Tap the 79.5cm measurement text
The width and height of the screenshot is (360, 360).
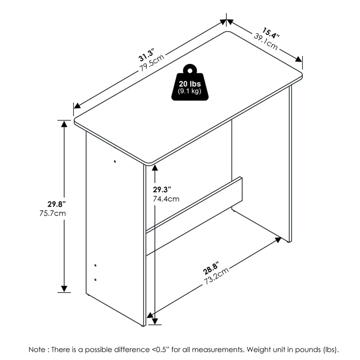pyautogui.click(x=152, y=63)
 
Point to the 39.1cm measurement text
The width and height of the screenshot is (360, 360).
pyautogui.click(x=266, y=42)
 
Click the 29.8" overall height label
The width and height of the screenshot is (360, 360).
pyautogui.click(x=57, y=204)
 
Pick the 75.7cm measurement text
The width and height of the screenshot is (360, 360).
pyautogui.click(x=53, y=213)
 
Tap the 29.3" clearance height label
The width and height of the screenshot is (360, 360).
pyautogui.click(x=162, y=189)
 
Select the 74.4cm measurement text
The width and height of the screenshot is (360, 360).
pyautogui.click(x=166, y=199)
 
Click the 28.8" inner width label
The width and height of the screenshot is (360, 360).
pyautogui.click(x=211, y=268)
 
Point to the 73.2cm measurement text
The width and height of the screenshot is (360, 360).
pyautogui.click(x=216, y=275)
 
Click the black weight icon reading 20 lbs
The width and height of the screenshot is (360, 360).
pyautogui.click(x=190, y=82)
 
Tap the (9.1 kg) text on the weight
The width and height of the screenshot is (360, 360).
pyautogui.click(x=189, y=91)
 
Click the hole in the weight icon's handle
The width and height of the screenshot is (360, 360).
pyautogui.click(x=190, y=71)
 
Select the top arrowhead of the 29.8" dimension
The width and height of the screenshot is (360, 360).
pyautogui.click(x=64, y=124)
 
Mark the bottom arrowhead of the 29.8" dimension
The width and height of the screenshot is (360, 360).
pyautogui.click(x=64, y=289)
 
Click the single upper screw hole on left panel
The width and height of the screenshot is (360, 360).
pyautogui.click(x=115, y=162)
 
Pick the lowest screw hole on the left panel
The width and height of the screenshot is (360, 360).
pyautogui.click(x=95, y=279)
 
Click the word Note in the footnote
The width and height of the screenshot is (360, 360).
pyautogui.click(x=37, y=350)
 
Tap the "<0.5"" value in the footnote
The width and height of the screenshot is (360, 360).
pyautogui.click(x=161, y=350)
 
